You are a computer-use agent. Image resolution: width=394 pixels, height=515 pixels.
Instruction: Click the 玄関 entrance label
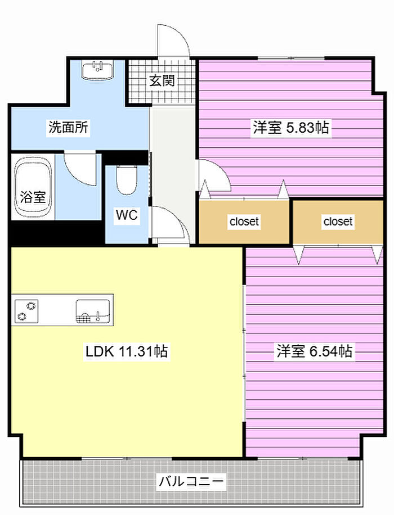(162, 80)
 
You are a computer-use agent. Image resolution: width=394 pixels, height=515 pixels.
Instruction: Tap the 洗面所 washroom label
(69, 127)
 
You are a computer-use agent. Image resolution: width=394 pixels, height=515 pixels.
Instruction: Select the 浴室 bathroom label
(33, 197)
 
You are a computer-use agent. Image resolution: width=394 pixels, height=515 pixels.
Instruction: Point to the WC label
(127, 215)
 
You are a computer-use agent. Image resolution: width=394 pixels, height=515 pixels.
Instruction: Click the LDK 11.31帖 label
(127, 351)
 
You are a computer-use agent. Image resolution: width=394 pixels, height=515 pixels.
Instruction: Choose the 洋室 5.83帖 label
(291, 127)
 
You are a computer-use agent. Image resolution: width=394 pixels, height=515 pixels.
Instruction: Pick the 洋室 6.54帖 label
(314, 351)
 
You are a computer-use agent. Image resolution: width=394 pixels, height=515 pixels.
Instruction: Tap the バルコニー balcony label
(191, 481)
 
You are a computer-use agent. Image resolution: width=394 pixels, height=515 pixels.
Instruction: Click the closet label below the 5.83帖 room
(244, 222)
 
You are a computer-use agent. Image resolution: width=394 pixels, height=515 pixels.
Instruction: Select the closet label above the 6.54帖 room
(338, 222)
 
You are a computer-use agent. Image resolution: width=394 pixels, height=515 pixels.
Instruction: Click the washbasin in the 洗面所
(97, 70)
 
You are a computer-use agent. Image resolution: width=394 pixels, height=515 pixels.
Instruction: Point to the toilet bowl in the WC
(126, 180)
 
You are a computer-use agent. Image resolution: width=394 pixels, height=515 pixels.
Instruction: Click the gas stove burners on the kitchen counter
(26, 311)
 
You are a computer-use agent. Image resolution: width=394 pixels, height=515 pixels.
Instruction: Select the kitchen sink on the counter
(93, 311)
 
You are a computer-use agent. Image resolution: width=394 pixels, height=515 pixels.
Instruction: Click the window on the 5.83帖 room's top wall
(291, 58)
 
